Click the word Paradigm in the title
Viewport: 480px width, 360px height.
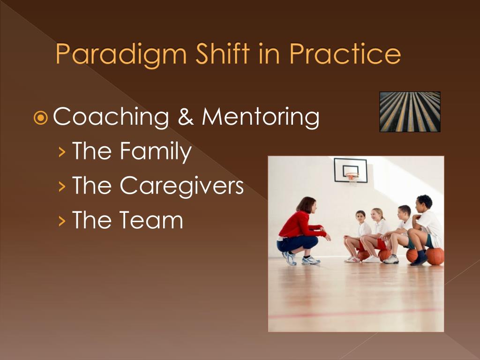click(x=121, y=55)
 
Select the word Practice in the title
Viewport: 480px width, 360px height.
click(x=345, y=53)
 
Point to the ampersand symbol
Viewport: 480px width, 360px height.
click(x=186, y=117)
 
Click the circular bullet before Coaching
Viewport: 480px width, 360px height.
click(x=40, y=118)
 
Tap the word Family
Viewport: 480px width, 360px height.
click(x=156, y=151)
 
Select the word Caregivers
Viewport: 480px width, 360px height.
click(x=181, y=186)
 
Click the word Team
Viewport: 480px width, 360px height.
click(x=151, y=219)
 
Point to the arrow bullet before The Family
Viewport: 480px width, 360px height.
click(x=62, y=152)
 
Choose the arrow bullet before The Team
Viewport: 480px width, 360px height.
click(x=62, y=221)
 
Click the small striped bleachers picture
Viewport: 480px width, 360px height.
click(x=410, y=112)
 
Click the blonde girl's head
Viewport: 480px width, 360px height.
click(x=377, y=215)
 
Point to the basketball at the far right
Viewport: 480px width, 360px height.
click(x=435, y=256)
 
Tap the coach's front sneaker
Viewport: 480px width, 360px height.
click(x=311, y=260)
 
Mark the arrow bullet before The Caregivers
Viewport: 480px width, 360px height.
click(x=62, y=186)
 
